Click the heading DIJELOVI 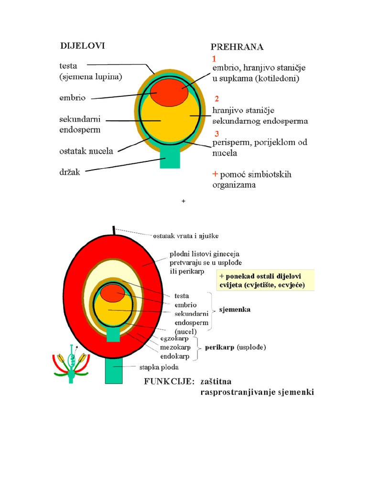coord(82,46)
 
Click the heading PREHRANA coord(237,47)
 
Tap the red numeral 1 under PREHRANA coord(214,59)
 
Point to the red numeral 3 coord(217,134)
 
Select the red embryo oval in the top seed coord(169,92)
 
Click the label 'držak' coord(70,172)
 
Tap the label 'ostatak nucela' coord(86,151)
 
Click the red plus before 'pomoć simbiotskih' coord(215,174)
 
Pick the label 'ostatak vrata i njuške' coord(186,236)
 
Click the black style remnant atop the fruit coord(114,230)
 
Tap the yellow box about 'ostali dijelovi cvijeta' coord(265,280)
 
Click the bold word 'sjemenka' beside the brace coord(235,309)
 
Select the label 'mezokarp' coord(175,347)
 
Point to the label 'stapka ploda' coord(159,367)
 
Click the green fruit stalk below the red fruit coord(114,371)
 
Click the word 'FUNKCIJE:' coord(169,382)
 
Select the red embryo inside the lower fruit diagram coord(112,293)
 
